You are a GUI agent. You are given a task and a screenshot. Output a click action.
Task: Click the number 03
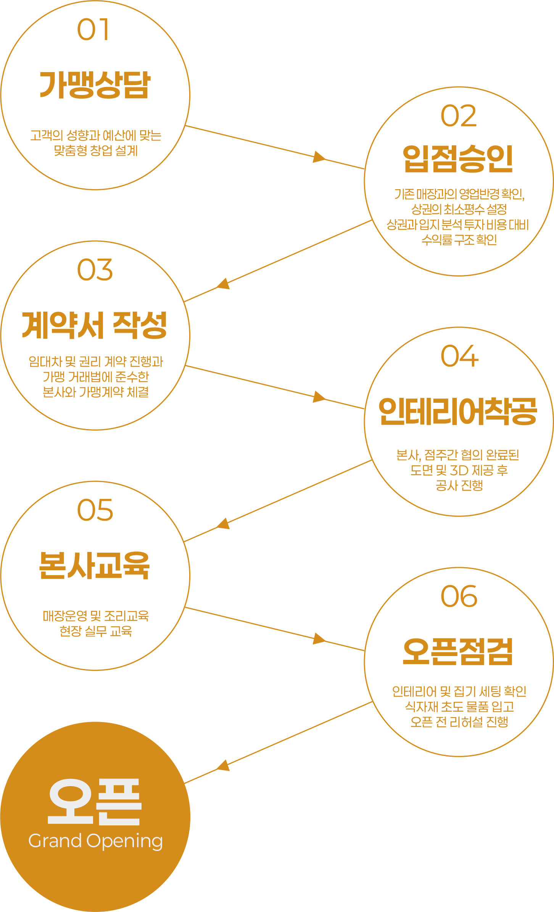95,270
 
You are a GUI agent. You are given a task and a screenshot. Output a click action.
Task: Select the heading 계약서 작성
95,325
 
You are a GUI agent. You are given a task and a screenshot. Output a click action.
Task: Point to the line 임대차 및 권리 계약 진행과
96,361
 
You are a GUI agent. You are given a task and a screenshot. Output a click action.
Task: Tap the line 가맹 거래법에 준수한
96,377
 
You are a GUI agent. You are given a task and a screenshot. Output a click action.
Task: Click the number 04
459,356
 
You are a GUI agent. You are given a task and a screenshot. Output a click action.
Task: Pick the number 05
95,510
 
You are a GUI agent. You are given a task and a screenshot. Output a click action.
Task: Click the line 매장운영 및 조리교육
96,616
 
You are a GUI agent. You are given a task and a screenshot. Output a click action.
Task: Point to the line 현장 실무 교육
96,631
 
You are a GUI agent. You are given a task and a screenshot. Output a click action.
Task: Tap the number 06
459,596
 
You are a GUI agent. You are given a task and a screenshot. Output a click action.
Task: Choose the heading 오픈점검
458,651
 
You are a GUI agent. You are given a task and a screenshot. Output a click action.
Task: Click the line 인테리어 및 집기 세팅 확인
459,691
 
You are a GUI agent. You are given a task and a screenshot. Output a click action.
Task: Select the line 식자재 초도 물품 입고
459,706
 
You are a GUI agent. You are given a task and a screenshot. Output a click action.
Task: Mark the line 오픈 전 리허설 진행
459,722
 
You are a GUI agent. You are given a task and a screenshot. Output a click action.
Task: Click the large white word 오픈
95,801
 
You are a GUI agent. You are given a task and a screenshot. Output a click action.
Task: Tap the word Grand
55,841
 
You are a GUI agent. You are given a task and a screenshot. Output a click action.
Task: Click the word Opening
125,842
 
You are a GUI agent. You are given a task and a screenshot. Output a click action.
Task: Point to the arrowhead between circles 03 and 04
319,397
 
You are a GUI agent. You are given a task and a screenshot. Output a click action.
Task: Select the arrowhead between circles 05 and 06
319,639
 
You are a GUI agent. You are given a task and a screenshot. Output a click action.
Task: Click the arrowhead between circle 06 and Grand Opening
223,766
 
